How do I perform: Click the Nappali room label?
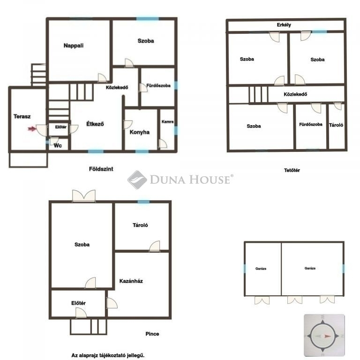pyautogui.click(x=74, y=45)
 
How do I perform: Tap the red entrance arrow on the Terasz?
pyautogui.click(x=32, y=129)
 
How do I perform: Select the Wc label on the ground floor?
pyautogui.click(x=58, y=145)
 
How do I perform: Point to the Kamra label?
pyautogui.click(x=167, y=122)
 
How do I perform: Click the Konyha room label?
pyautogui.click(x=140, y=132)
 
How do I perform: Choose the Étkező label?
pyautogui.click(x=95, y=124)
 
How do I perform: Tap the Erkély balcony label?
pyautogui.click(x=284, y=25)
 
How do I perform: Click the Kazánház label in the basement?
pyautogui.click(x=131, y=281)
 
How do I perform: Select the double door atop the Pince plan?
pyautogui.click(x=84, y=196)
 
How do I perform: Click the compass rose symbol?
pyautogui.click(x=324, y=336)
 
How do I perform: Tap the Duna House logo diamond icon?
pyautogui.click(x=137, y=180)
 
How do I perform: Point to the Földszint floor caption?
pyautogui.click(x=101, y=169)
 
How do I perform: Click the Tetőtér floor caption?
pyautogui.click(x=292, y=170)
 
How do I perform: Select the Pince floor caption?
pyautogui.click(x=152, y=334)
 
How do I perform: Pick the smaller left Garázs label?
pyautogui.click(x=261, y=269)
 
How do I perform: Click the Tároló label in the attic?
pyautogui.click(x=336, y=125)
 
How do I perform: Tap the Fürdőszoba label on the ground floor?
pyautogui.click(x=158, y=86)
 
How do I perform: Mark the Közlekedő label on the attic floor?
pyautogui.click(x=295, y=94)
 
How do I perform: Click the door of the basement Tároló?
pyautogui.click(x=155, y=246)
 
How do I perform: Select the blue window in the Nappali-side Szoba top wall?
pyautogui.click(x=147, y=19)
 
